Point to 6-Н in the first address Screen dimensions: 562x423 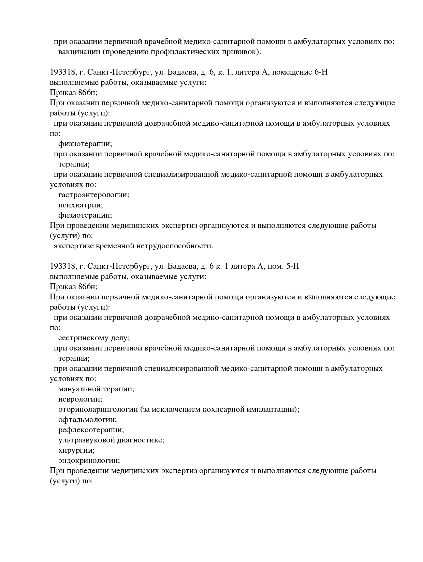(x=321, y=72)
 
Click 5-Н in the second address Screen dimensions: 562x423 (x=293, y=266)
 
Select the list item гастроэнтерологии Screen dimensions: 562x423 (x=93, y=195)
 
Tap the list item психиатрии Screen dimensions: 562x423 (x=80, y=205)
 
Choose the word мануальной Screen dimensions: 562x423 (x=79, y=389)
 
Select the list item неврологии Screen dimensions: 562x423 (x=80, y=399)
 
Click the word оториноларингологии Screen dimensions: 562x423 (x=98, y=409)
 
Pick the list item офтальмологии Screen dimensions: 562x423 (x=83, y=420)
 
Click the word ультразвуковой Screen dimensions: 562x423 (x=86, y=440)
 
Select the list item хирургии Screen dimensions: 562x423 (x=76, y=450)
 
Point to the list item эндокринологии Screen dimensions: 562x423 (x=89, y=460)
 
